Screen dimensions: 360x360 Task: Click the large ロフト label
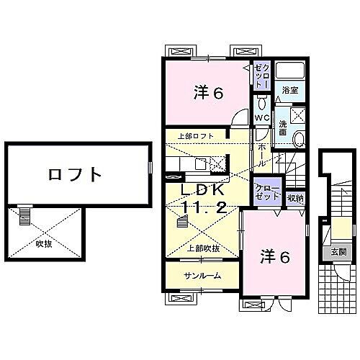tap(75, 174)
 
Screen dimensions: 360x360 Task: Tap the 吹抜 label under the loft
tap(45, 243)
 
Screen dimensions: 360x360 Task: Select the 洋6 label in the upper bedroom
tap(207, 92)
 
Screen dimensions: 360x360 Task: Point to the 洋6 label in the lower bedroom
tap(274, 257)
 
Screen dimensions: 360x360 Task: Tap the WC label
tap(262, 120)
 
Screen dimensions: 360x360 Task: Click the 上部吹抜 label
tap(204, 248)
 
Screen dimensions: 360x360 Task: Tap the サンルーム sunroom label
tap(201, 276)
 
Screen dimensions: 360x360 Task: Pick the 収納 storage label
tap(295, 198)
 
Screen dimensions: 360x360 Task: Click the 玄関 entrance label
tap(338, 252)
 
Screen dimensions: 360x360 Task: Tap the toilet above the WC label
tap(262, 103)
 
